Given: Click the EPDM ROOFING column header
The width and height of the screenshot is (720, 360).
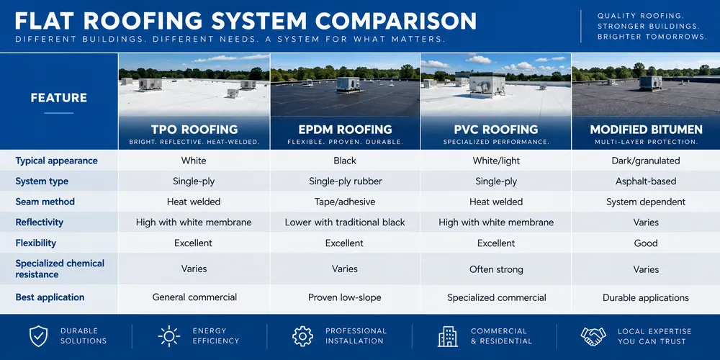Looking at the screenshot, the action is pos(345,130).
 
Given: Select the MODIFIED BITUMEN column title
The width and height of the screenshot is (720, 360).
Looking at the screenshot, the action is pos(646,130).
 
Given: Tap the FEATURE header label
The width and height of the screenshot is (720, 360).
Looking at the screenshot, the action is pos(59,98).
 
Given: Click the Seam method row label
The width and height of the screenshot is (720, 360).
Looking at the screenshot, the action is pos(45,202).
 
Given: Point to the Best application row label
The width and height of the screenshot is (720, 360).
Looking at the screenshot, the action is pos(50,297).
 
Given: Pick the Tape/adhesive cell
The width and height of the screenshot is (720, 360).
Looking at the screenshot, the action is pos(345,202).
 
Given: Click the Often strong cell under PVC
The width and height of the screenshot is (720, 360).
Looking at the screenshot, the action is pos(496,269).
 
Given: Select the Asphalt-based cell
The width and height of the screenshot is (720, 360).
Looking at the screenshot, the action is pos(646,181).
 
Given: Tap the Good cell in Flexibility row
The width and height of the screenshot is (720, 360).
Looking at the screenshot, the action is pos(646,243).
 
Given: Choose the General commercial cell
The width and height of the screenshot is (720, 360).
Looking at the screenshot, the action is pos(194,297).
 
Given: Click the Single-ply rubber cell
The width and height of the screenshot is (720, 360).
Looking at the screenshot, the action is pos(346,181).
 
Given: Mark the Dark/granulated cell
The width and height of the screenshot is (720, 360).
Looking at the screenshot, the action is pos(646,161).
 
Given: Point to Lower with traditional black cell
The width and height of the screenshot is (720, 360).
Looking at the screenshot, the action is pos(345,222).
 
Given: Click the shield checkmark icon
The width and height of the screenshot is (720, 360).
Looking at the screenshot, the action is pos(39,336).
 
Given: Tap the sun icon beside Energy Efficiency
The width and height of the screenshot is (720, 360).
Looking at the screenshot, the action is pos(169,336).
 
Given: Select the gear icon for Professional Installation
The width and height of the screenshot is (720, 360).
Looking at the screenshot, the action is pos(302,336).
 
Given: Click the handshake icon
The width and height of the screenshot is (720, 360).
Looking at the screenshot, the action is pos(593,336).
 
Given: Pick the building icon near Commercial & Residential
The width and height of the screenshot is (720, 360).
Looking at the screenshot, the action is pos(448,336).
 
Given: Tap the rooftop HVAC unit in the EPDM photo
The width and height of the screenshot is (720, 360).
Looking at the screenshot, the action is pos(348,84).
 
